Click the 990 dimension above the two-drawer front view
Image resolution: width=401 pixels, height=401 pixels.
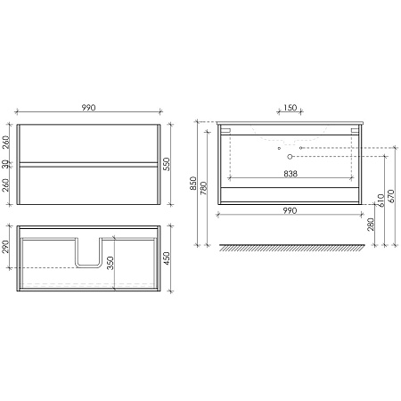88,107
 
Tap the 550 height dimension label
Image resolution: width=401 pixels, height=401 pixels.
167,164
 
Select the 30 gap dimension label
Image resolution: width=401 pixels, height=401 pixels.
6,164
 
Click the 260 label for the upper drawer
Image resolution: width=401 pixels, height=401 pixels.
6,143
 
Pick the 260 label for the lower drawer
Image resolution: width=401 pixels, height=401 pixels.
6,185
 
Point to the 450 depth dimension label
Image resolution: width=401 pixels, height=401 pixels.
167,258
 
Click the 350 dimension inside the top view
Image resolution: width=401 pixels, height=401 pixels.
110,263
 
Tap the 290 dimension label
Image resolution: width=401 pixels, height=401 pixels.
6,247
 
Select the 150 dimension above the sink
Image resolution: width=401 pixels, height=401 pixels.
290,107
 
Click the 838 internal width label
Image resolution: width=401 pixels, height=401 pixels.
291,174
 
